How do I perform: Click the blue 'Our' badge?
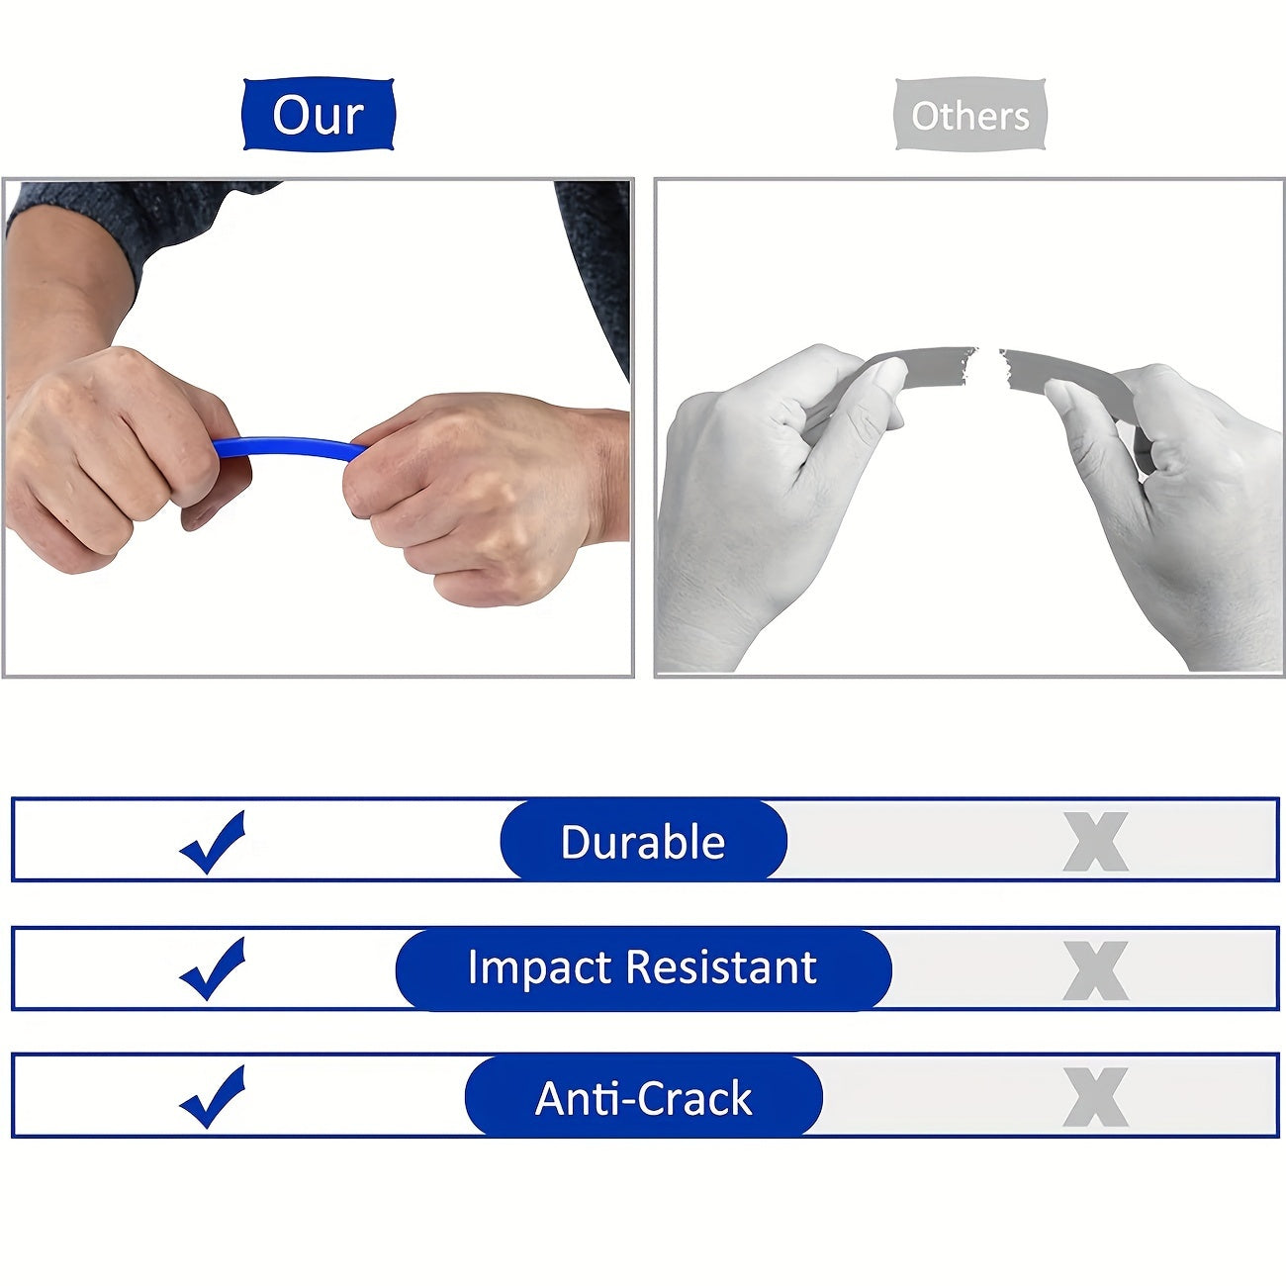tap(319, 114)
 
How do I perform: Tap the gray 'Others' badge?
tap(970, 115)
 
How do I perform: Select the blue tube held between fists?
tap(291, 447)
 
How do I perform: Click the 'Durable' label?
tap(643, 841)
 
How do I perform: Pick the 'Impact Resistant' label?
tap(643, 967)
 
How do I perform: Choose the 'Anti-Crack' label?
tap(643, 1098)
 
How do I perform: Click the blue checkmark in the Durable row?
tap(213, 842)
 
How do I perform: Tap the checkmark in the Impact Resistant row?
tap(213, 969)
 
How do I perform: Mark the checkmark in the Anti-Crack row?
tap(213, 1096)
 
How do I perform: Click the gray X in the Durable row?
tap(1096, 842)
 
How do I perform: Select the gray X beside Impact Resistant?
tap(1096, 970)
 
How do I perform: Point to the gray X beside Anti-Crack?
tap(1096, 1097)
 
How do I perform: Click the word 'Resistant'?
tap(721, 967)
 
